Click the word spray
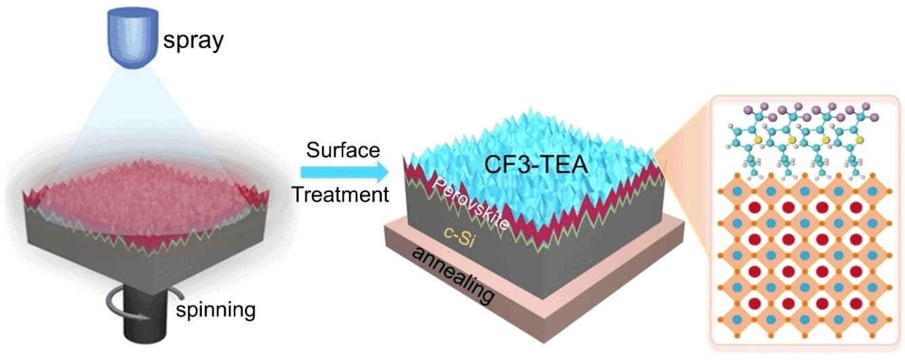point(193,41)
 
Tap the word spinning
point(216,311)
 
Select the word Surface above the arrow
point(343,151)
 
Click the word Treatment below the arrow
point(340,195)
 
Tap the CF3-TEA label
point(536,165)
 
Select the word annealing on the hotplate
point(454,277)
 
